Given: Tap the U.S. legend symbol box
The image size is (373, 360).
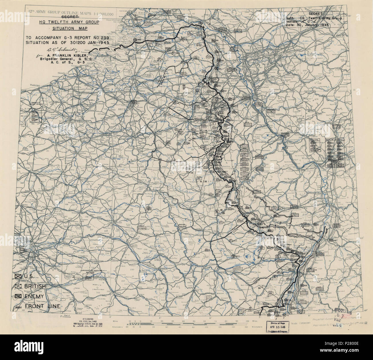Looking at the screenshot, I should pyautogui.click(x=19, y=276).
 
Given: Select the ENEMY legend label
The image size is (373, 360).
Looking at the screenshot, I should pyautogui.click(x=36, y=296).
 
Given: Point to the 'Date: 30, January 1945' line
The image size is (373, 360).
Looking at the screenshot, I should pyautogui.click(x=308, y=25).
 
